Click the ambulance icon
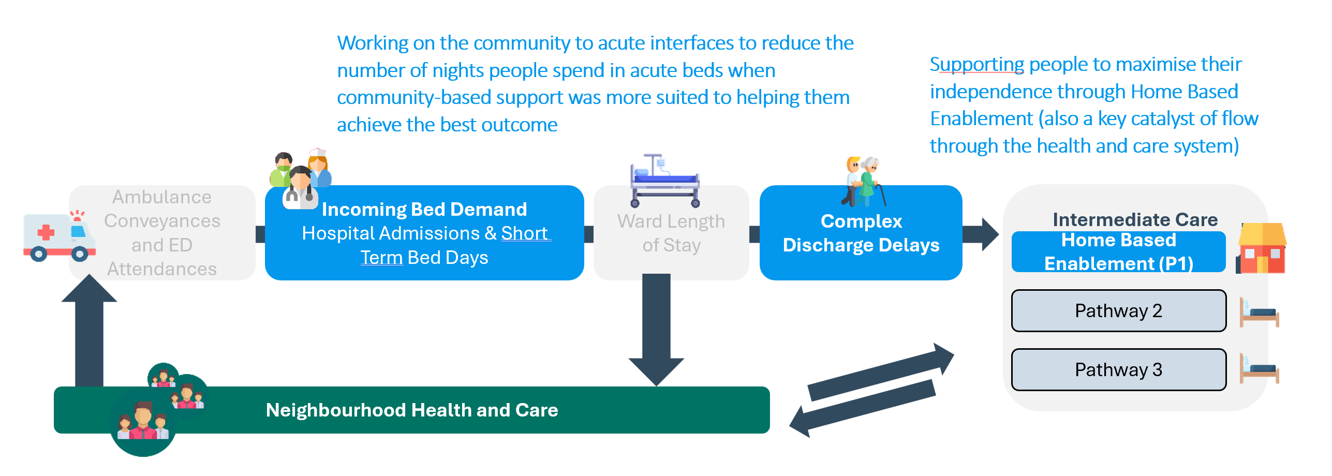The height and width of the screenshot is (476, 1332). [58, 236]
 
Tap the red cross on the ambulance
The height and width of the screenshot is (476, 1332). [46, 232]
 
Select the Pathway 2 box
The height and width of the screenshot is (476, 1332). [1118, 310]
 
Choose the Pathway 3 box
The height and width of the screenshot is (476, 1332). [1118, 369]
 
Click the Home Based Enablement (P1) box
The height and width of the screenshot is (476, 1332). [1118, 252]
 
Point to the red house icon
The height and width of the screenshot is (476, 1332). [1262, 248]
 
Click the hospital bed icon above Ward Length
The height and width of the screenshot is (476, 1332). [665, 181]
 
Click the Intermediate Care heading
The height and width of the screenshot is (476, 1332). [1135, 220]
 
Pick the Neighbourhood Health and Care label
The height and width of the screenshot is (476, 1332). [412, 410]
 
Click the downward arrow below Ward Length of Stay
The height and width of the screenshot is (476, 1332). [656, 331]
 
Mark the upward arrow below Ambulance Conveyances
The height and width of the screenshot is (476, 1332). [89, 331]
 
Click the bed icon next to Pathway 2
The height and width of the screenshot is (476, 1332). [1259, 313]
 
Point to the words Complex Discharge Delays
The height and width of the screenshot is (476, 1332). [861, 233]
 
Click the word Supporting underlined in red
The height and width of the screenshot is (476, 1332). [977, 65]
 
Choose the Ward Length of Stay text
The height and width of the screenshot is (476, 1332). [671, 233]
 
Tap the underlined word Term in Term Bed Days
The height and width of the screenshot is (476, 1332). [381, 258]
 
